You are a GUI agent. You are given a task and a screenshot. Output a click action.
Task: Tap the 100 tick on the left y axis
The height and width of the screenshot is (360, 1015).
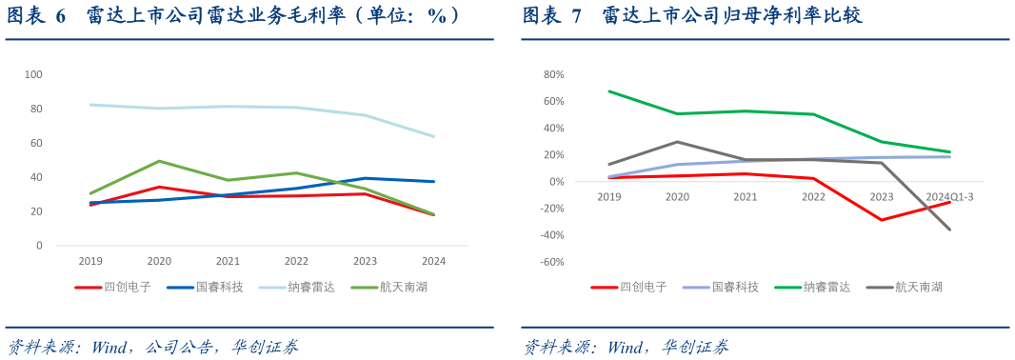33,74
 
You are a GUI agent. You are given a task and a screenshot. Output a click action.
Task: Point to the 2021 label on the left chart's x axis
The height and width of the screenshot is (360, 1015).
228,261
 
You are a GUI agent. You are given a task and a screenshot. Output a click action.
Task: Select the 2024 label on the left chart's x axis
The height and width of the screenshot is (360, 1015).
433,261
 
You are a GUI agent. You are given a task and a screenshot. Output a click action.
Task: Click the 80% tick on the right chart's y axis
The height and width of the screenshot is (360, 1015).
553,74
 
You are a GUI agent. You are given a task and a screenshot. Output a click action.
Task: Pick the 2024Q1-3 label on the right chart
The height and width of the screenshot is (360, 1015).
949,195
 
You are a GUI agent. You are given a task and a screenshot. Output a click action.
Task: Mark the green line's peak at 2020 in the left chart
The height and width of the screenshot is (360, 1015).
159,161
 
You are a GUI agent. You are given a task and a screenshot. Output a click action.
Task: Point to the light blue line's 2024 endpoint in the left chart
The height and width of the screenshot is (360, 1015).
434,136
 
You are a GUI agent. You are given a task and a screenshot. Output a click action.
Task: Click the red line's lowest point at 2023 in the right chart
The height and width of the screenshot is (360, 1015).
882,220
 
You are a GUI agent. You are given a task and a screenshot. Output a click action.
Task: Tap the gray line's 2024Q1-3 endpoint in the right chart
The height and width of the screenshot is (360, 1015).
949,230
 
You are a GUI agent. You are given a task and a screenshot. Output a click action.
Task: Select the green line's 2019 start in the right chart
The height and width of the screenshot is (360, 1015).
609,91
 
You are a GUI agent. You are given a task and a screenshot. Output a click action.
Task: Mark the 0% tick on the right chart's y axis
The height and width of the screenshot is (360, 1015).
556,182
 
